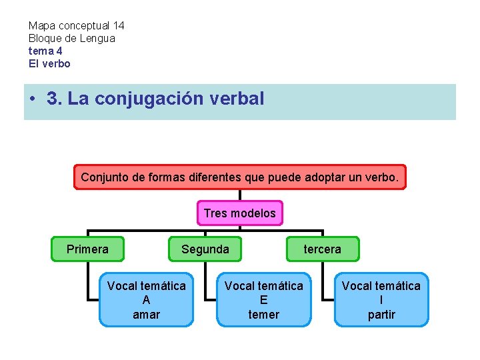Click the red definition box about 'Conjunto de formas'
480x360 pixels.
coord(239,178)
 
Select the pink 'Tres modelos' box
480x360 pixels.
coord(239,213)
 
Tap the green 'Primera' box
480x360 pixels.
coord(87,249)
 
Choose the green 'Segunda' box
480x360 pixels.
coord(205,249)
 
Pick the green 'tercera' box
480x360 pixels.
coord(323,249)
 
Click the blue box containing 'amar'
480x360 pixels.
coord(147,300)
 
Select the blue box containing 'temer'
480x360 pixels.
coord(264,300)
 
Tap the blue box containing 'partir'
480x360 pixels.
coord(381,300)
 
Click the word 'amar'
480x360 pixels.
coord(147,315)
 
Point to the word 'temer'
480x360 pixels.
coord(264,315)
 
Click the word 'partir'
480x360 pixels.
coord(381,315)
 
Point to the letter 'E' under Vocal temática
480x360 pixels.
coord(264,300)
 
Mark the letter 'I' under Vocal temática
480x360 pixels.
coord(381,300)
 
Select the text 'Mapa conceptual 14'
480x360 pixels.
coord(76,26)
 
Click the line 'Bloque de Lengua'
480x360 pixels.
coord(71,39)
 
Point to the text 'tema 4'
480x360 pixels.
coord(45,51)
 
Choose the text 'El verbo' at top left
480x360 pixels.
coord(49,64)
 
